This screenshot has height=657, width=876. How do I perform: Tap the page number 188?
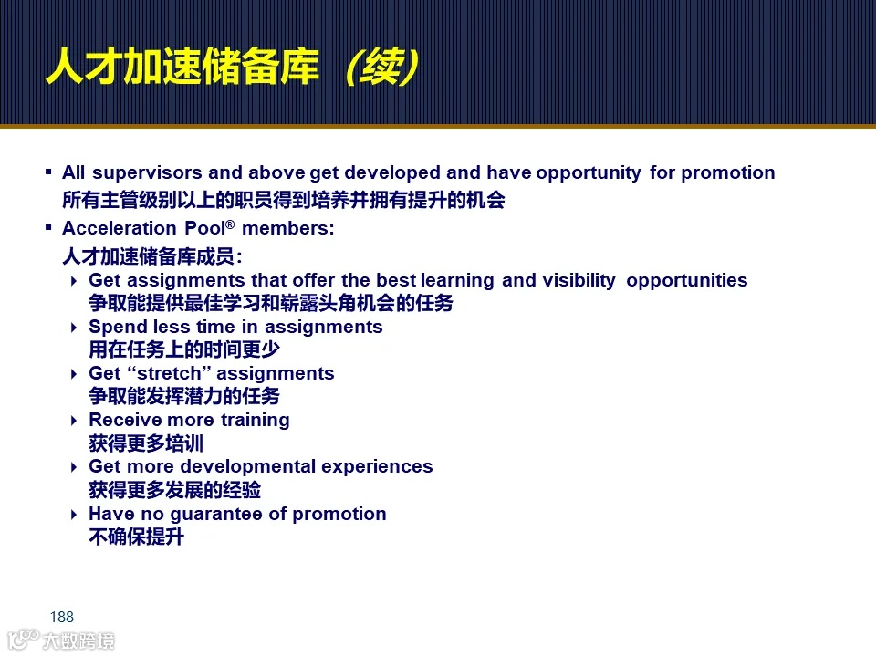62,618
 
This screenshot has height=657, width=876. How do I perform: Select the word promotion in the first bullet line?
728,173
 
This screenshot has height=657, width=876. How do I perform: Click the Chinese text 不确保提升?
136,537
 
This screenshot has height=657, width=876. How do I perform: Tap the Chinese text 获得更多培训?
146,444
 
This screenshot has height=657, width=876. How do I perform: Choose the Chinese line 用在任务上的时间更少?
183,350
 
